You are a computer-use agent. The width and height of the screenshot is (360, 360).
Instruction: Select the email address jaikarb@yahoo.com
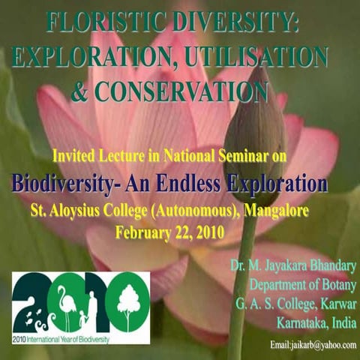coord(313,343)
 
